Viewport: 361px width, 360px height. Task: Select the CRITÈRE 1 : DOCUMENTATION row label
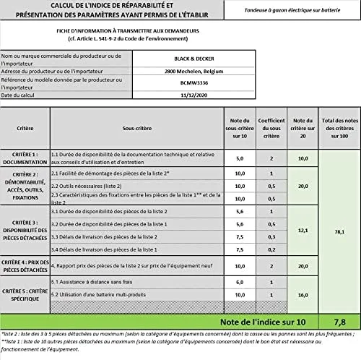pos(25,158)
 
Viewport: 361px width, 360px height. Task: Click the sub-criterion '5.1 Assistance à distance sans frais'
pos(92,283)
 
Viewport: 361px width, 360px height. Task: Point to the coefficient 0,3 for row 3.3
pos(270,236)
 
